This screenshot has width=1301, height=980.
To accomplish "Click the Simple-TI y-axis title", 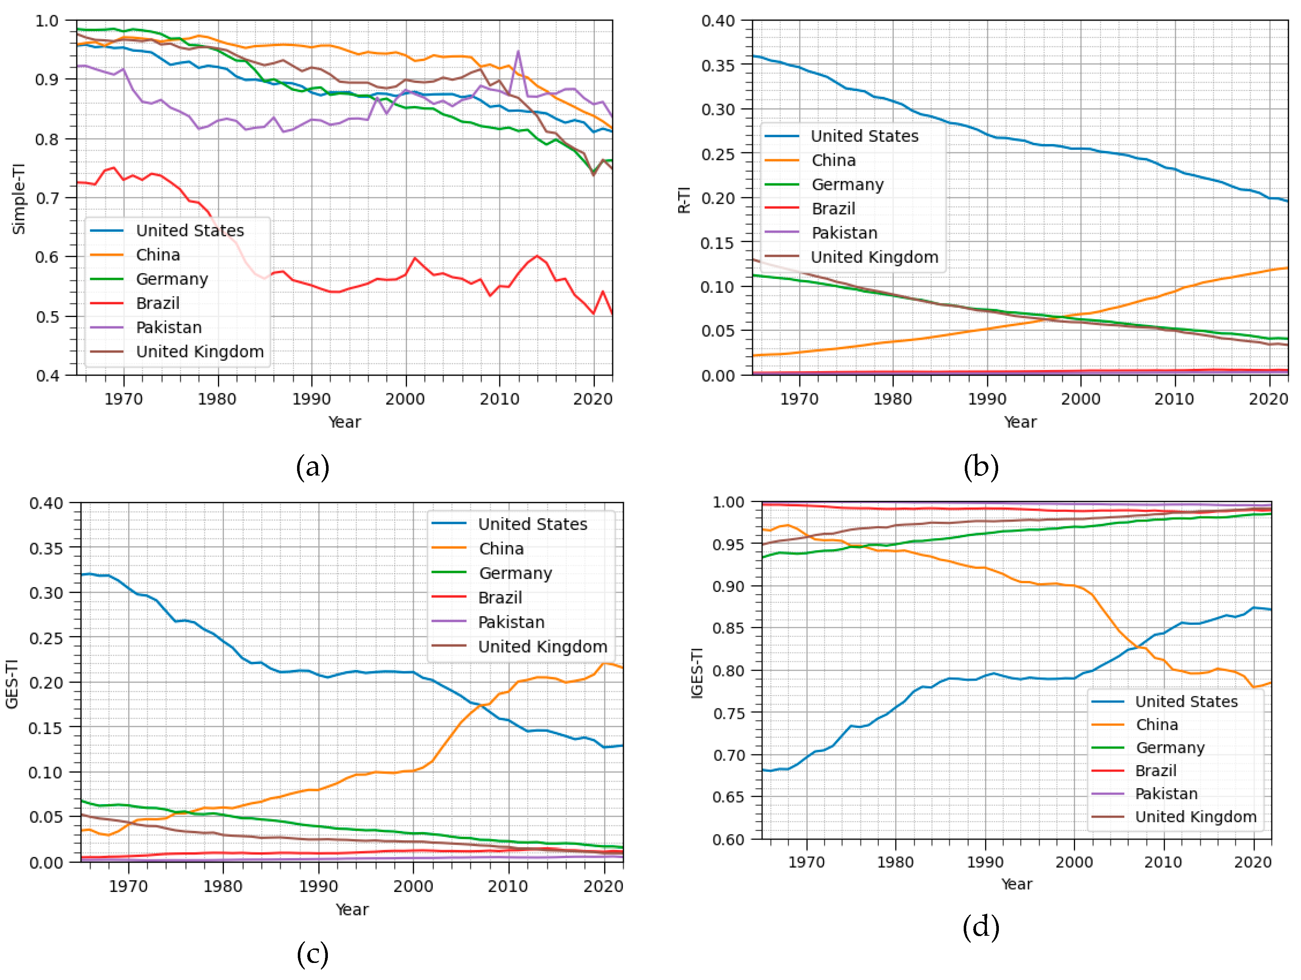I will [x=19, y=199].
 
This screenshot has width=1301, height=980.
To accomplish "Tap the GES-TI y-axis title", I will [x=12, y=684].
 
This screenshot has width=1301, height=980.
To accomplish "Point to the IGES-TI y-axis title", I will [x=697, y=672].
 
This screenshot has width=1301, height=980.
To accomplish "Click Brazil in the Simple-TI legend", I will [x=158, y=303].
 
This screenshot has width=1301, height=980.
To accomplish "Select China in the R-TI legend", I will [x=833, y=160].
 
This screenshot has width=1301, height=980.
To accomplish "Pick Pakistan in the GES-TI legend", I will [x=511, y=622].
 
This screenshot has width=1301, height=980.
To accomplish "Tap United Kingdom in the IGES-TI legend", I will [x=1195, y=816].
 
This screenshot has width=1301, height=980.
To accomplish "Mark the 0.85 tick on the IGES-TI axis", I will [x=728, y=628].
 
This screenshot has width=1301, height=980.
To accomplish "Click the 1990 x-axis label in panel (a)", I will [x=311, y=399].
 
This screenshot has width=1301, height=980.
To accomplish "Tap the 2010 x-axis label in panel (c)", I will [x=507, y=886].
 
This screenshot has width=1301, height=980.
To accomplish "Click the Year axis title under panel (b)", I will [x=1020, y=422].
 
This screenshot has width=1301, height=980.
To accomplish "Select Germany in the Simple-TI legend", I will [x=172, y=279].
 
